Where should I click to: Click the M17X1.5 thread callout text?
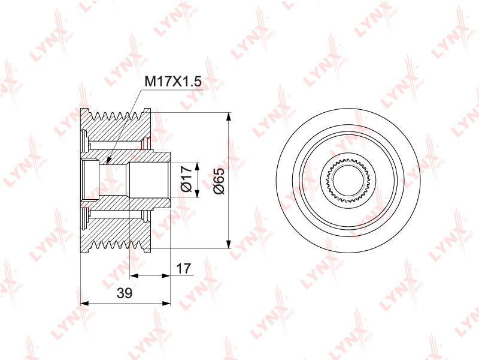(172, 82)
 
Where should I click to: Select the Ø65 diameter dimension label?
(219, 181)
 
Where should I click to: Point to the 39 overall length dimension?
(125, 293)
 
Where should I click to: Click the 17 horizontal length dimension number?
(184, 268)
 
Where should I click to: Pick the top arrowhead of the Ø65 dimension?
(228, 116)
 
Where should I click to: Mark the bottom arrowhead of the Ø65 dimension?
(228, 244)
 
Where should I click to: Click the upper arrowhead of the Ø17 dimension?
(197, 167)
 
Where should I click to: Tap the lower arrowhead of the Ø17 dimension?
(197, 193)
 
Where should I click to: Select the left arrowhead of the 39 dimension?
(84, 304)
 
